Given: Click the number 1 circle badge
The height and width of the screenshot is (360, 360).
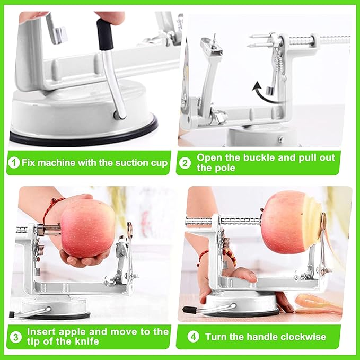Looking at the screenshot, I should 14,163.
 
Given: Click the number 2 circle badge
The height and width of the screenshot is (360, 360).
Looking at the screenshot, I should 185,163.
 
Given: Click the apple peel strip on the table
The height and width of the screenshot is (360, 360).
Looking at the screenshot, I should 318,303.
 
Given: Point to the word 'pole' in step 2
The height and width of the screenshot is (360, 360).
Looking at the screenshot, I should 227,169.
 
